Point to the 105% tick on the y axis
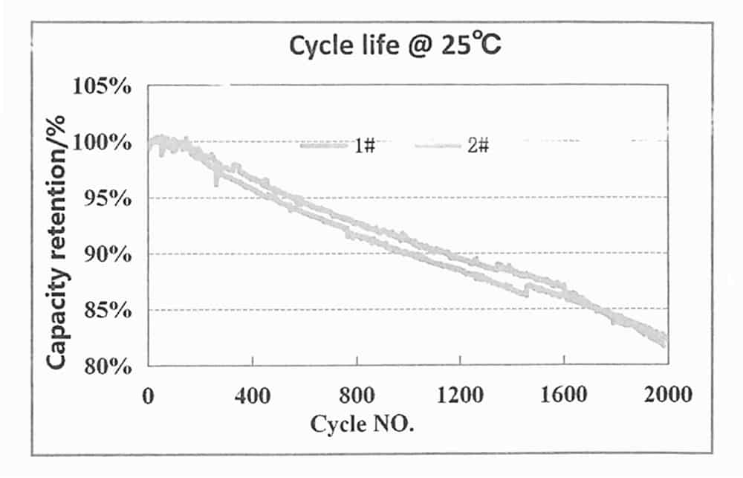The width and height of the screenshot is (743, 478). [x=104, y=86]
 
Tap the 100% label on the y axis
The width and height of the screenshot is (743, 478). [x=104, y=142]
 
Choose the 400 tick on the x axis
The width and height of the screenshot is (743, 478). [x=253, y=394]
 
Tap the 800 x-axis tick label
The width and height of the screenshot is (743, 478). [x=357, y=394]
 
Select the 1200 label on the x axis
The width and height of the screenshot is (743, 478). [x=460, y=394]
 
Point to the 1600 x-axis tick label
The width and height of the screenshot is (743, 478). [x=564, y=394]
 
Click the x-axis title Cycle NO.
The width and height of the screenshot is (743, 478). [x=362, y=425]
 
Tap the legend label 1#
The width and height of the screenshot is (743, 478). [x=364, y=146]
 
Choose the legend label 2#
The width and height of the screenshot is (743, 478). [x=478, y=146]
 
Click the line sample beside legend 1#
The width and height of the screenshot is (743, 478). [x=324, y=146]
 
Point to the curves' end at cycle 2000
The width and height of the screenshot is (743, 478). [x=664, y=339]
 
